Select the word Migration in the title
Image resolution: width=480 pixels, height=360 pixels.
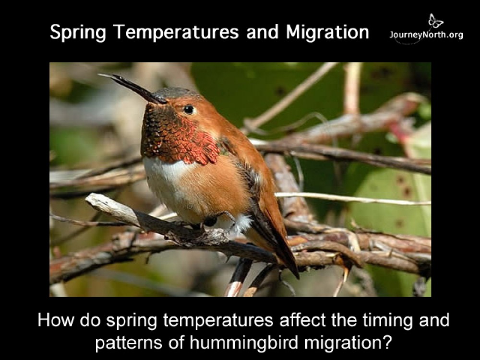click(x=327, y=32)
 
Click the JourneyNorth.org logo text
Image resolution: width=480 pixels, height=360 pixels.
click(x=426, y=35)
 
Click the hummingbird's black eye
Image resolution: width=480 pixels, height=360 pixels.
click(x=189, y=110)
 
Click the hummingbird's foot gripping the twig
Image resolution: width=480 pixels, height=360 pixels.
click(x=211, y=221)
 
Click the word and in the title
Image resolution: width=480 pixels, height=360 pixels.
click(x=263, y=32)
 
